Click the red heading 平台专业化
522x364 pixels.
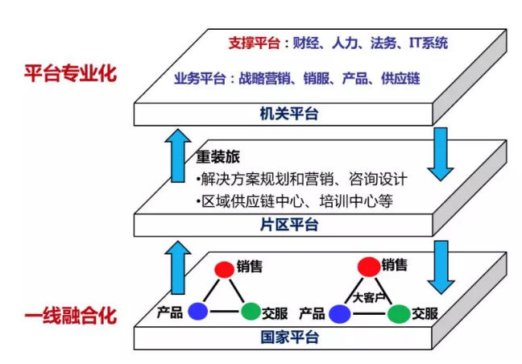[69, 75]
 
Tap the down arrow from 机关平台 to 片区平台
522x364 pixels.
[441, 152]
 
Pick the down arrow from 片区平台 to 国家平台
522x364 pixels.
[441, 266]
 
